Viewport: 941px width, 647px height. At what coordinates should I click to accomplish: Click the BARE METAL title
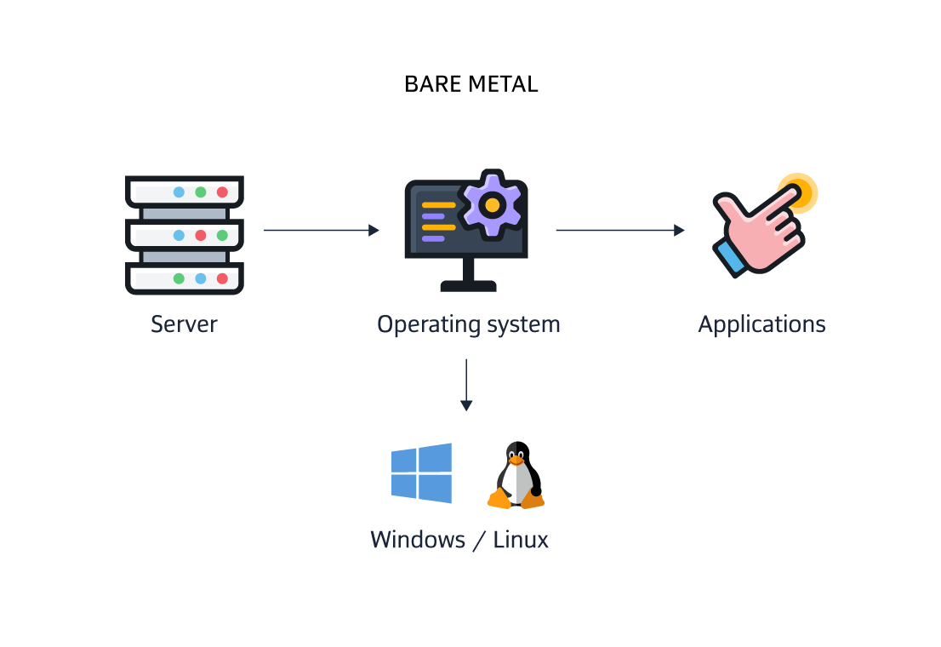tap(470, 84)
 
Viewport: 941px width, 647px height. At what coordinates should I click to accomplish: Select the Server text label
tap(184, 324)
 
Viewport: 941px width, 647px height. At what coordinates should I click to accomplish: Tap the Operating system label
tap(469, 324)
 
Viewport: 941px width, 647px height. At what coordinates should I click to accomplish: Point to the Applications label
tap(761, 324)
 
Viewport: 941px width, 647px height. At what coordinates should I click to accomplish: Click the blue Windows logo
tap(421, 473)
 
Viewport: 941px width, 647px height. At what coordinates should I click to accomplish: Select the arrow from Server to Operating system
tap(321, 230)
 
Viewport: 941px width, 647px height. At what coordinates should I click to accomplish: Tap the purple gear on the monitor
tap(490, 204)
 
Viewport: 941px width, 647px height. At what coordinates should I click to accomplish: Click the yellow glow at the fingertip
tap(798, 192)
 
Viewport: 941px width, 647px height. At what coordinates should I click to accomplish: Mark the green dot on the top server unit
tap(201, 192)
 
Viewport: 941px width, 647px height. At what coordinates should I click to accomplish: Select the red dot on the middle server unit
tap(201, 235)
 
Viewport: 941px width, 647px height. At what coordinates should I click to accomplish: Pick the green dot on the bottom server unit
tap(179, 278)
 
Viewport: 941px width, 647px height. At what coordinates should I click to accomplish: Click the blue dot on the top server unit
tap(179, 192)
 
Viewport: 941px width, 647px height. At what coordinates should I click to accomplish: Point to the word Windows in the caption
tap(418, 540)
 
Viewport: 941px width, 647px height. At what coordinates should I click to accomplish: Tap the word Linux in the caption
tap(521, 540)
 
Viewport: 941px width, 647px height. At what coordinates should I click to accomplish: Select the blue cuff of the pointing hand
tap(731, 257)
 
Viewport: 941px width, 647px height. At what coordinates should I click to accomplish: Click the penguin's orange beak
tap(516, 461)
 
